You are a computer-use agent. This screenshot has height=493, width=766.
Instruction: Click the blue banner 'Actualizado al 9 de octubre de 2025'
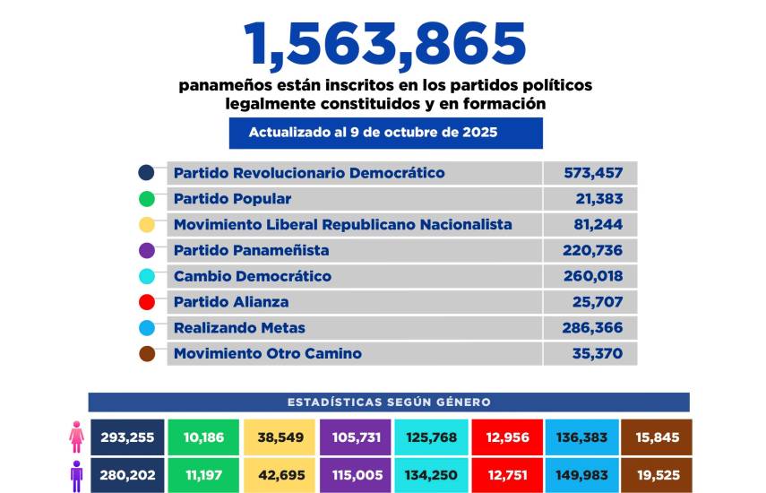pos(385,133)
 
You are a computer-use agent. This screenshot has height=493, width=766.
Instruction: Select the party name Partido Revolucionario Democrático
pos(308,173)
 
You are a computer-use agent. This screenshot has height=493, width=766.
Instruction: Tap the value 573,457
pos(593,173)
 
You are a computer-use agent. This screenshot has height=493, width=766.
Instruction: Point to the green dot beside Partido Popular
pos(147,199)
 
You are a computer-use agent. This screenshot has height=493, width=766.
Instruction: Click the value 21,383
pos(599,199)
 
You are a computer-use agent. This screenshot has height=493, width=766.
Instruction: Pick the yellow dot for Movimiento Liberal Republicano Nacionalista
pos(147,225)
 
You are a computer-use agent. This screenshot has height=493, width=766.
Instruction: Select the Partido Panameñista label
pos(251,250)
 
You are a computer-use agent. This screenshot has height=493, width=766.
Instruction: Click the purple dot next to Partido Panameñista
pos(147,251)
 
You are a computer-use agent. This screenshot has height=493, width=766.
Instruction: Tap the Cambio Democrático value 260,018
pos(593,276)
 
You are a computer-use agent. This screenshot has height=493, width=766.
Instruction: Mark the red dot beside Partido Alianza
pos(147,302)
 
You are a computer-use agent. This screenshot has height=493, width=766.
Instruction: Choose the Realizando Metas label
pos(239,328)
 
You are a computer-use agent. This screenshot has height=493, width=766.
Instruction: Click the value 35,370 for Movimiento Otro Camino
pos(598,353)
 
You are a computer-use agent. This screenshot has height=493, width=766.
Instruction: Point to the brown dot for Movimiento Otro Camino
pos(147,354)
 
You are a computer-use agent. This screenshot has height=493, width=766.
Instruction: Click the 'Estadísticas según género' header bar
pos(388,402)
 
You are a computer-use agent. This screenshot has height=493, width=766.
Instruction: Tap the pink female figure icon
pos(76,438)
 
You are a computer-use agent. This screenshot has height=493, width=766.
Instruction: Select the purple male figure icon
pos(76,475)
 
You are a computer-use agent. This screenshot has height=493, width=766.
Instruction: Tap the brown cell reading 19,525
pos(657,475)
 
